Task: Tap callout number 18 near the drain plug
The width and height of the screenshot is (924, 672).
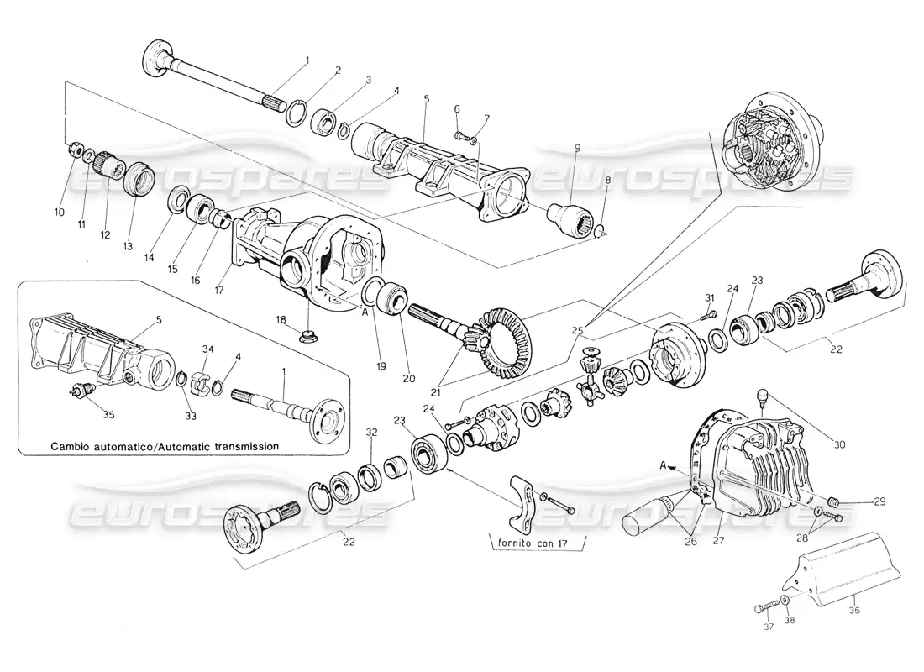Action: pyautogui.click(x=282, y=320)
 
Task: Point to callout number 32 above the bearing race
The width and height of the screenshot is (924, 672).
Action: pyautogui.click(x=371, y=433)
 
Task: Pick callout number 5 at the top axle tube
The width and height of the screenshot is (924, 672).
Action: pyautogui.click(x=427, y=99)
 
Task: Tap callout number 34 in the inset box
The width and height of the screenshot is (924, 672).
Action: pyautogui.click(x=207, y=349)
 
